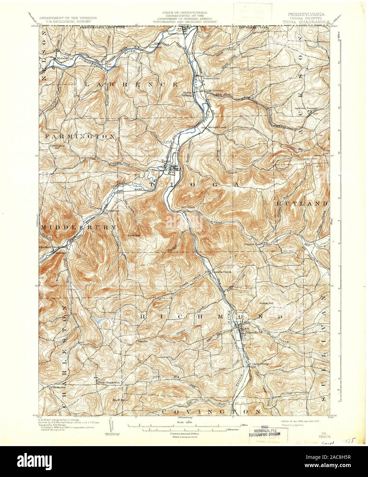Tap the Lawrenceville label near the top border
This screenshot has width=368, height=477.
point(178,34)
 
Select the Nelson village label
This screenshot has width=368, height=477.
point(62,59)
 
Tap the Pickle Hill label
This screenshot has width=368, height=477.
point(266,303)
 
